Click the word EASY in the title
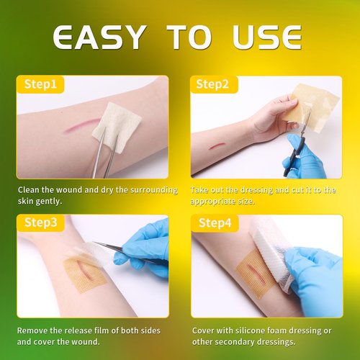click(x=100, y=37)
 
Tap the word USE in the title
click(x=266, y=37)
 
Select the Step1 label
click(x=40, y=84)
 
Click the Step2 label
click(x=212, y=84)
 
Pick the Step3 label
click(x=41, y=222)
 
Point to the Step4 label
click(x=215, y=223)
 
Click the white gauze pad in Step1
click(x=117, y=127)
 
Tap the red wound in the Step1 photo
click(x=82, y=125)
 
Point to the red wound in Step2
click(x=217, y=145)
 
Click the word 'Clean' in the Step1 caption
click(x=28, y=190)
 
